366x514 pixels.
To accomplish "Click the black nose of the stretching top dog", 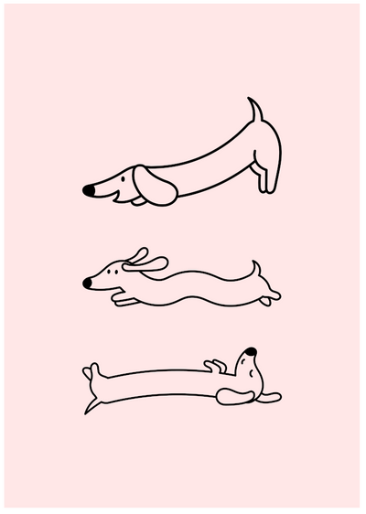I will tap(89, 190).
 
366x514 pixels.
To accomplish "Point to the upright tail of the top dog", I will tap(256, 111).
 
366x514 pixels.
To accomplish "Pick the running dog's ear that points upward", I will tap(138, 253).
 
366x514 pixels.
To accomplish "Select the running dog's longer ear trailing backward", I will tap(151, 265).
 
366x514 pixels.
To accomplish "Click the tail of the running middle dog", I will tap(259, 269).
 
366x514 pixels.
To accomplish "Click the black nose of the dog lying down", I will tap(252, 350).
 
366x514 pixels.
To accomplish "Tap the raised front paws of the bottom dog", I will tap(215, 366).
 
